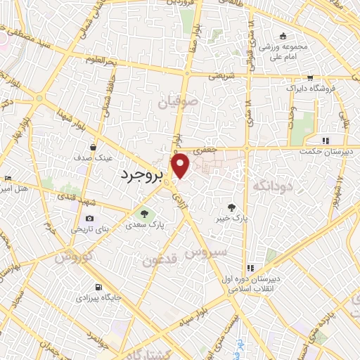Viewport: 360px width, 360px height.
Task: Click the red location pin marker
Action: [181, 165]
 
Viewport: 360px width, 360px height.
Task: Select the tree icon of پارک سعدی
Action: [143, 214]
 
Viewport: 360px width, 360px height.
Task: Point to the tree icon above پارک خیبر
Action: [232, 206]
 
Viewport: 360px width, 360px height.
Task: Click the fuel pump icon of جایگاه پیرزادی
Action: [97, 288]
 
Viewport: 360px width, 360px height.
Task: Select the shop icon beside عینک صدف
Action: [94, 146]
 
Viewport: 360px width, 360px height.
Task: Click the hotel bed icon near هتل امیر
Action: [8, 178]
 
